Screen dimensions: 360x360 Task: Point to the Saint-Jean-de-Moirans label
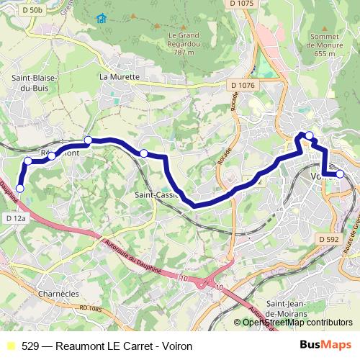pos(287,309)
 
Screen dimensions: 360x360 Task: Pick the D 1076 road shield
pos(243,86)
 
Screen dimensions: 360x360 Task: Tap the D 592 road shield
pos(328,239)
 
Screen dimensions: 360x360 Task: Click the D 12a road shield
pos(15,217)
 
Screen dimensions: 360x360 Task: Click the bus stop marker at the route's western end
pos(19,189)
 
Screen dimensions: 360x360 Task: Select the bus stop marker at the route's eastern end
pos(340,174)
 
